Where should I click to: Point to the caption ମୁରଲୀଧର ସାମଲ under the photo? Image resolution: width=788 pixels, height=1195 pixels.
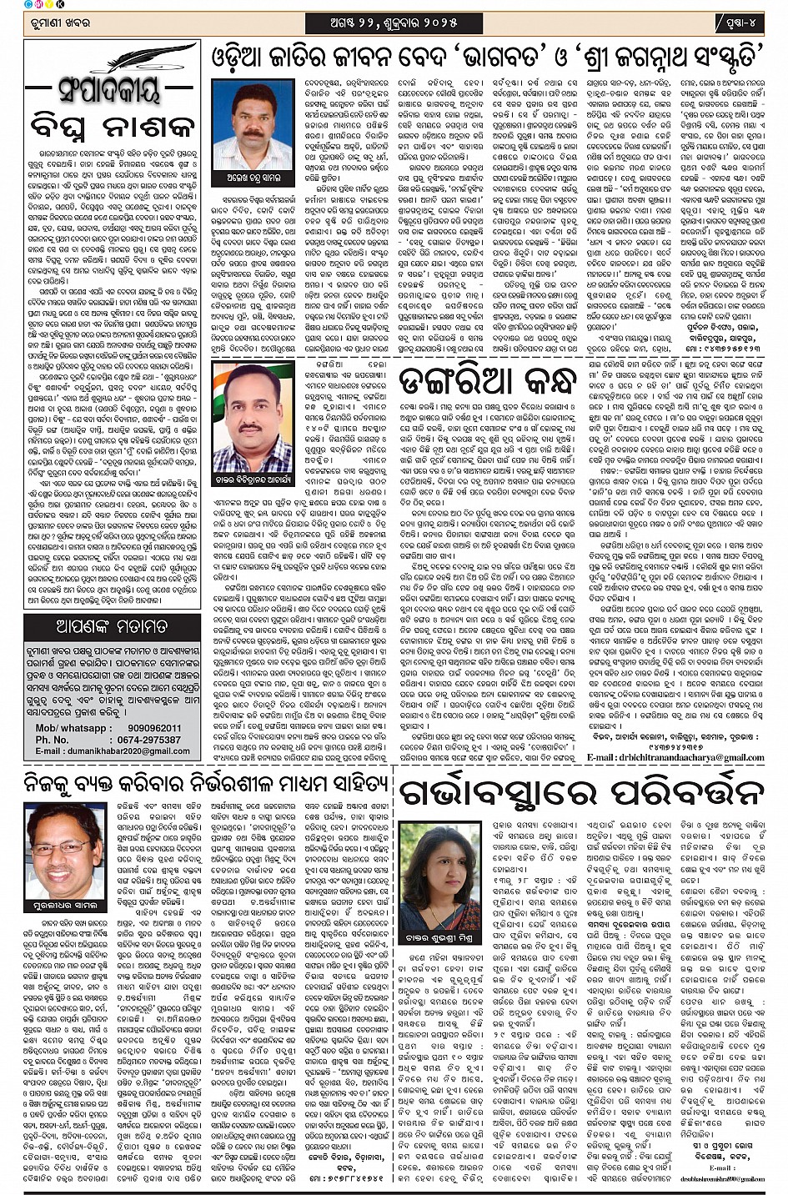pyautogui.click(x=65, y=906)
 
